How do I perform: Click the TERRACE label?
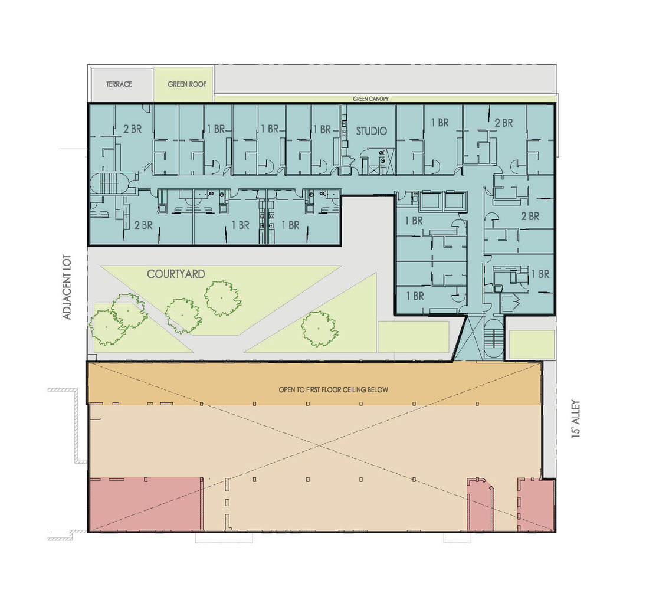pos(119,84)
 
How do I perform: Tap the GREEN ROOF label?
pos(187,84)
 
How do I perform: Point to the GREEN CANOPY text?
pos(370,99)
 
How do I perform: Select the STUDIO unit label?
pos(371,130)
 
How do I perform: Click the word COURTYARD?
pos(176,274)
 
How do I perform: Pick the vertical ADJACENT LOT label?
pos(67,287)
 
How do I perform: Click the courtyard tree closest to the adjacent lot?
pos(106,326)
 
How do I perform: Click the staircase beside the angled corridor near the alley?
pos(493,339)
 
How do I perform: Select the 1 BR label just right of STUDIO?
pos(440,123)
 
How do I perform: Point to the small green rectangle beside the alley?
pos(531,345)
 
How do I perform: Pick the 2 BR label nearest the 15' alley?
pos(530,217)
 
